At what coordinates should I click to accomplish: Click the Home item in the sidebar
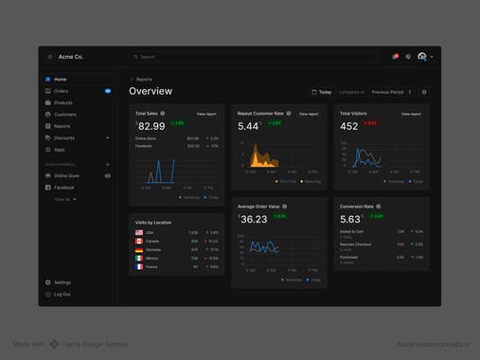tap(60, 80)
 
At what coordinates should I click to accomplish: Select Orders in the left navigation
tap(61, 91)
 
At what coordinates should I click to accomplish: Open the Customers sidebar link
tap(64, 115)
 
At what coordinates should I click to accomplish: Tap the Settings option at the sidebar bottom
tap(62, 282)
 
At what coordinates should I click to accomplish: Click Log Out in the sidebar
tap(62, 294)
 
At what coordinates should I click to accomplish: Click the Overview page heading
tap(151, 92)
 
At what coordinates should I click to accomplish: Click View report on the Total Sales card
tap(206, 114)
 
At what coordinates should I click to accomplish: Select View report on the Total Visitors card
tap(411, 114)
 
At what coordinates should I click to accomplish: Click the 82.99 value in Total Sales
tap(151, 125)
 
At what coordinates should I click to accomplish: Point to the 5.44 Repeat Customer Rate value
tap(249, 125)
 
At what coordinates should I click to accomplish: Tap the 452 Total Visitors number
tap(349, 125)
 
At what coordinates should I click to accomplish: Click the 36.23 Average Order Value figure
tap(254, 219)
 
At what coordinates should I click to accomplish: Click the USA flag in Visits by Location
tap(138, 232)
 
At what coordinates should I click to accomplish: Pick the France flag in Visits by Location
tap(138, 266)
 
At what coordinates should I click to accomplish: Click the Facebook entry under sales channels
tap(63, 188)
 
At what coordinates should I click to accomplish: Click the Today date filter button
tap(322, 93)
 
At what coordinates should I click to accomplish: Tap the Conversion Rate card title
tap(357, 206)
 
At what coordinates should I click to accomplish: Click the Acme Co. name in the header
tap(72, 57)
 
